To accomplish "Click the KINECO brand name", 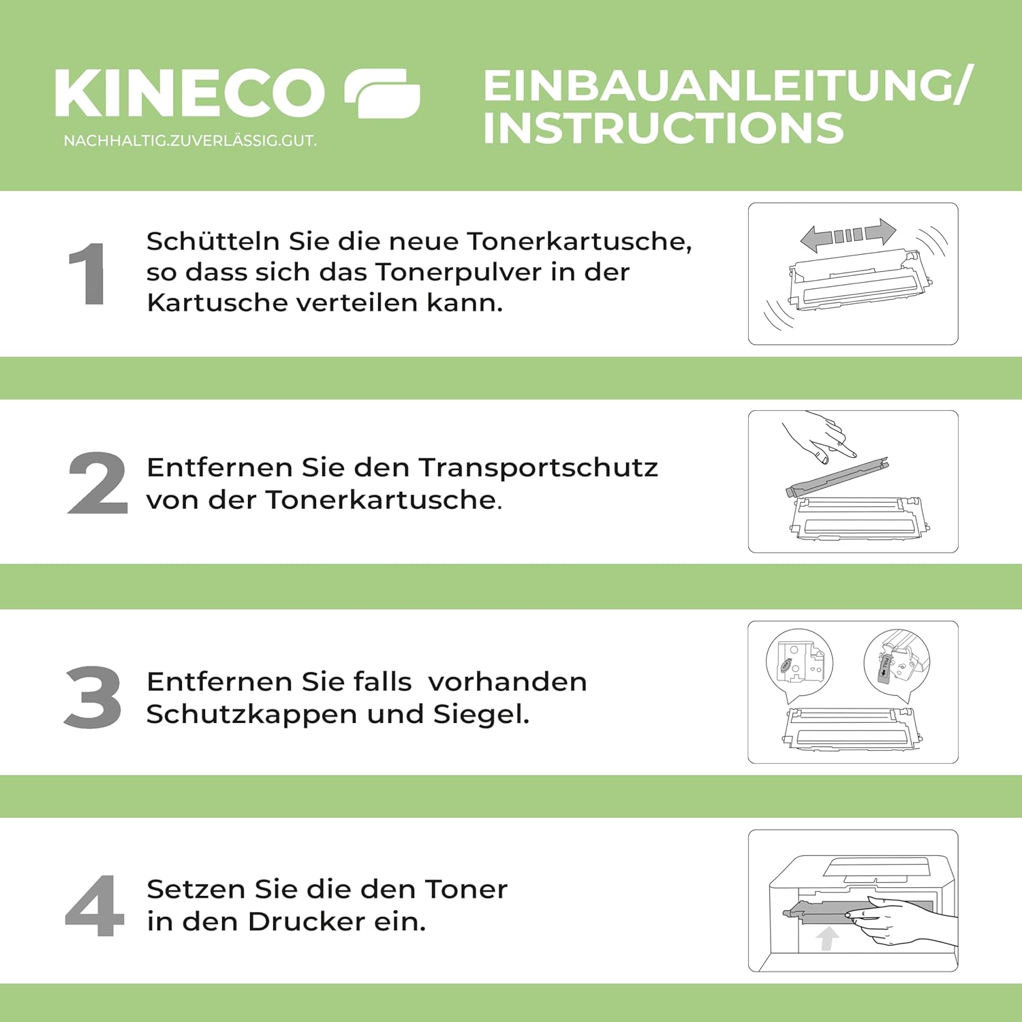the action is coord(190,93).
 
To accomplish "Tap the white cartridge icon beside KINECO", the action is coord(382,93).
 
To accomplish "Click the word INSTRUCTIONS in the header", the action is coord(664,128).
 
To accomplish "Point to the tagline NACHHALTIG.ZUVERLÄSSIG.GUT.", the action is coord(190,141).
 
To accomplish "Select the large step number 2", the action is coord(97,482).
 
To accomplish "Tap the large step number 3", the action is coord(93,696).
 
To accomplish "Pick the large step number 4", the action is coord(95,905).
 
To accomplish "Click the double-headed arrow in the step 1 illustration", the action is coord(848,235).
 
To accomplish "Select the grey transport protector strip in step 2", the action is coord(837,477).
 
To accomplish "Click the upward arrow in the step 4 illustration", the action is coord(827,938).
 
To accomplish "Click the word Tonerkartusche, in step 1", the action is coord(579,241).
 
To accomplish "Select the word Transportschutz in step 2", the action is coord(538,467).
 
